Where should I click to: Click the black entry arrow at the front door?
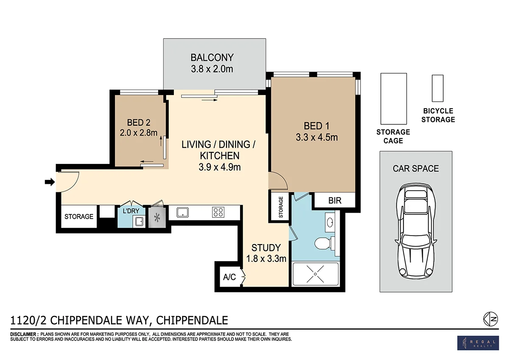pyautogui.click(x=50, y=182)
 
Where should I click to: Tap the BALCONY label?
pyautogui.click(x=212, y=58)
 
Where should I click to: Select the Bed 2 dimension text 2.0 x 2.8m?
pyautogui.click(x=139, y=133)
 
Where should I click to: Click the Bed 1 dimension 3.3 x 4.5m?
pyautogui.click(x=316, y=138)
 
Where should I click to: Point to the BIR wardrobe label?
pyautogui.click(x=335, y=200)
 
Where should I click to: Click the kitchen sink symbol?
pyautogui.click(x=182, y=212)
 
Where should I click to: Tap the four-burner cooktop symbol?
pyautogui.click(x=218, y=212)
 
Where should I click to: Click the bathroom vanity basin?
pyautogui.click(x=330, y=222)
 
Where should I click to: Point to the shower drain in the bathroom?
pyautogui.click(x=315, y=274)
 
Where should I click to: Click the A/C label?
pyautogui.click(x=229, y=277)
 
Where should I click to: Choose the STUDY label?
pyautogui.click(x=266, y=247)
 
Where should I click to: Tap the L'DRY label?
pyautogui.click(x=131, y=211)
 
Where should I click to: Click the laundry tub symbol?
pyautogui.click(x=139, y=222)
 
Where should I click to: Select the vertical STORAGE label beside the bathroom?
pyautogui.click(x=281, y=207)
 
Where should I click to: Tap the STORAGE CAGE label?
pyautogui.click(x=393, y=136)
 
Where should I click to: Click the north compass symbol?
pyautogui.click(x=490, y=319)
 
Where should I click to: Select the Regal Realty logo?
pyautogui.click(x=478, y=343)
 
